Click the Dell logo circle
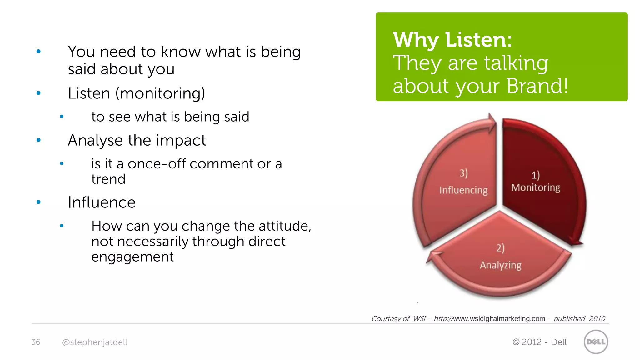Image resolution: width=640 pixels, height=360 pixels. tap(596, 342)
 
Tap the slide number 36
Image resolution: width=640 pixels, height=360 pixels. tap(36, 342)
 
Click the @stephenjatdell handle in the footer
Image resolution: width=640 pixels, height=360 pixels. tap(95, 342)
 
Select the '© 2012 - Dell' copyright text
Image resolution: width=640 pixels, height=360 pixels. tap(539, 342)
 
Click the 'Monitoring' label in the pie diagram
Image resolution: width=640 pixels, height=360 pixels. tap(536, 187)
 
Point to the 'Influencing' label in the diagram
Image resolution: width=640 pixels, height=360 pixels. tap(463, 190)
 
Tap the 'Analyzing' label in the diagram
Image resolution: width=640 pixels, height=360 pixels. tap(501, 265)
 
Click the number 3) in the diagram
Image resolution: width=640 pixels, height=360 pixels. tap(463, 173)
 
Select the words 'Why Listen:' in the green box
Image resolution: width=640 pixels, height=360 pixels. tap(452, 40)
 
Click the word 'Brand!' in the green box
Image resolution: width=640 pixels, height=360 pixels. tap(537, 86)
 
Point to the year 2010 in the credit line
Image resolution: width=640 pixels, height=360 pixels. tap(597, 319)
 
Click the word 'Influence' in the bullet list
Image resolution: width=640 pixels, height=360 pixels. tap(102, 202)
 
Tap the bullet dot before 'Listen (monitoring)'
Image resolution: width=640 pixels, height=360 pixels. tap(39, 93)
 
